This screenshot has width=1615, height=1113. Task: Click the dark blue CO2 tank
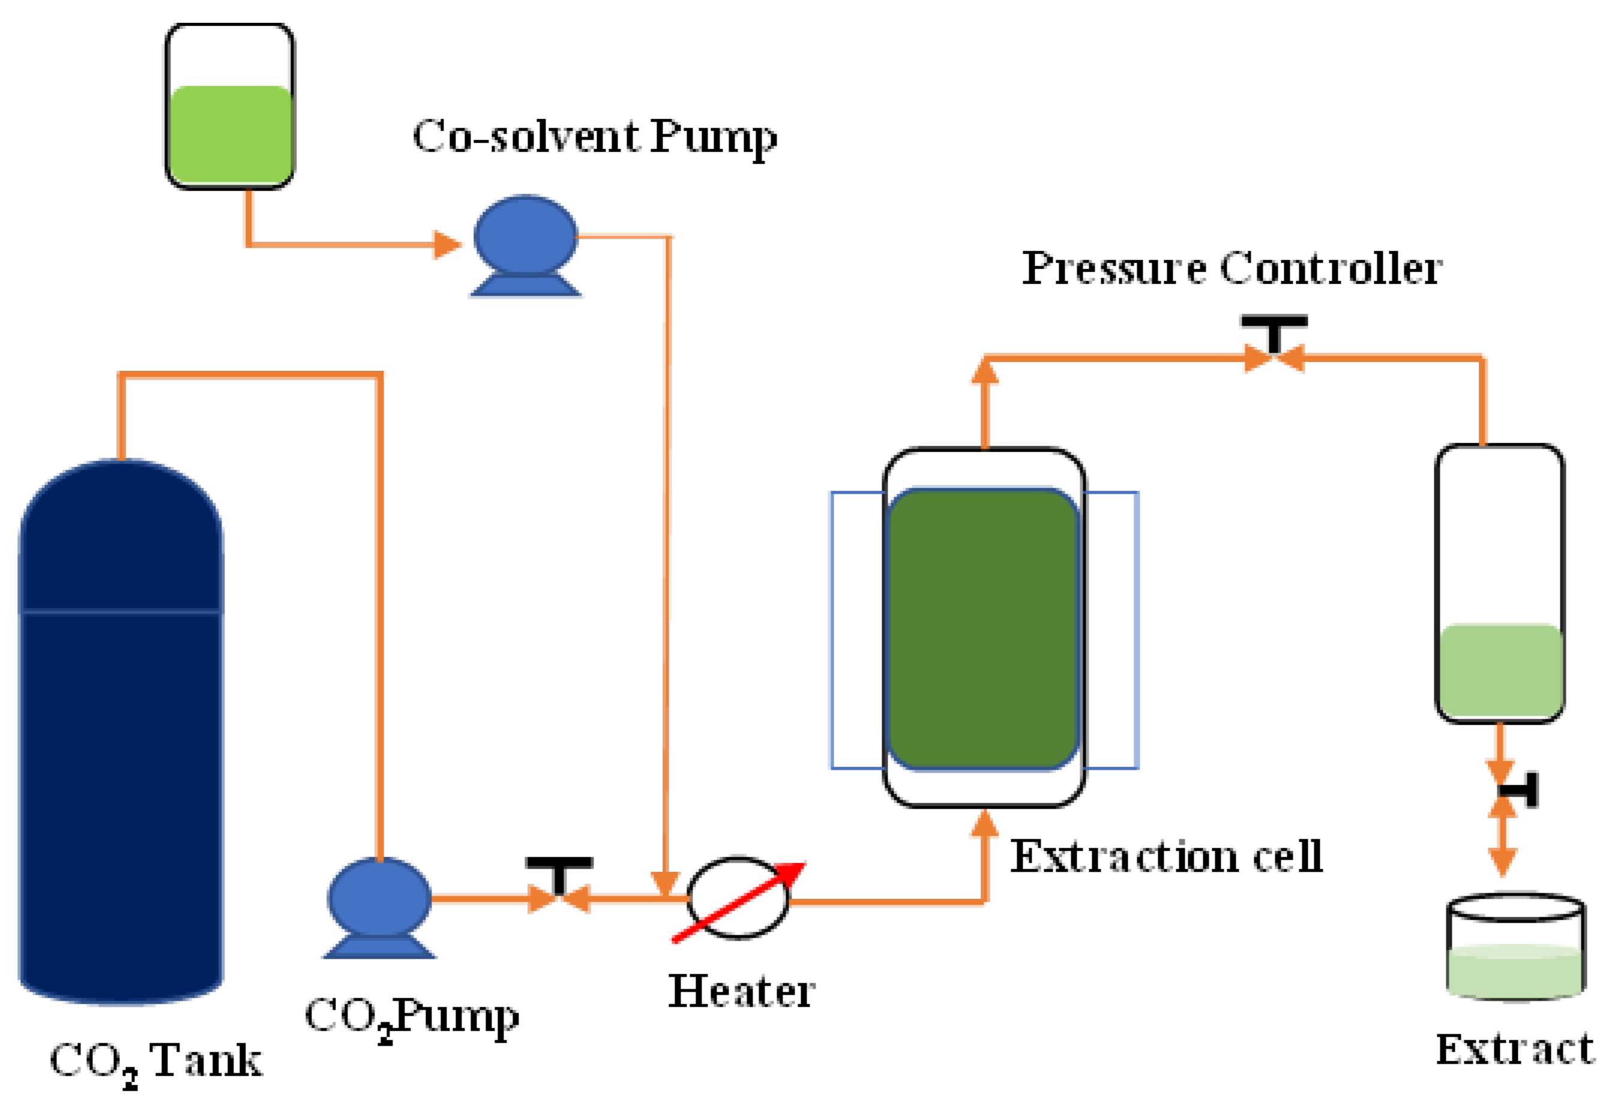(x=120, y=732)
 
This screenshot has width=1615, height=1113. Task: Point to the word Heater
(x=741, y=991)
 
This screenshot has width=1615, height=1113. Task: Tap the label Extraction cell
(x=1166, y=856)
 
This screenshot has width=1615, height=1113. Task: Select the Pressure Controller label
(x=1232, y=268)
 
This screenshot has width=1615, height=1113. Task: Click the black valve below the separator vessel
(x=1519, y=790)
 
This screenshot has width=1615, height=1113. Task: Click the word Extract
(x=1515, y=1049)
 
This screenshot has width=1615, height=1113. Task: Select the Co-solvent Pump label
(x=594, y=137)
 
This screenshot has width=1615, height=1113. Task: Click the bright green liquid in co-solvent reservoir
(x=229, y=134)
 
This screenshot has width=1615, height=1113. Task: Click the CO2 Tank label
(x=155, y=1061)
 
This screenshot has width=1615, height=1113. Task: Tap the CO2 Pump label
(x=412, y=1017)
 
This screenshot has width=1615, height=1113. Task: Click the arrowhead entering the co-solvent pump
(x=447, y=245)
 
